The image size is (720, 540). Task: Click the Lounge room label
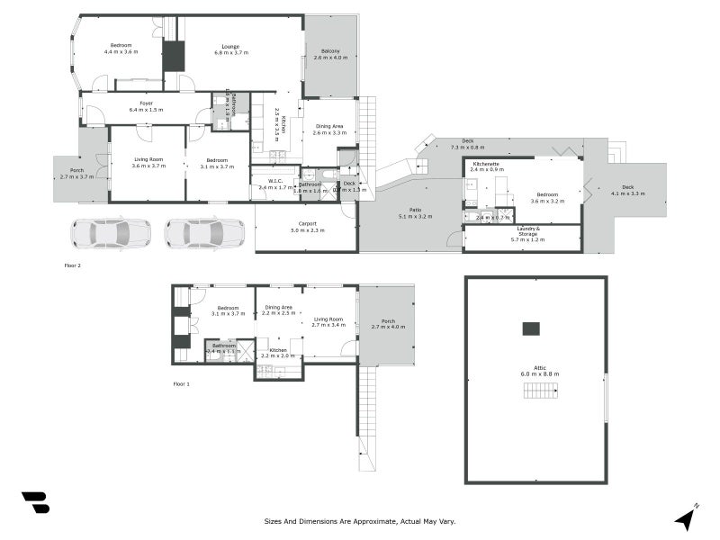(230, 46)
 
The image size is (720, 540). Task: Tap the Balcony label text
(330, 51)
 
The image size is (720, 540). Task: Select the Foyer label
(146, 103)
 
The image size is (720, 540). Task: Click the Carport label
(307, 224)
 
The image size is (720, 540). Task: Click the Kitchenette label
(487, 163)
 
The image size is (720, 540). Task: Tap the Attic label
(539, 367)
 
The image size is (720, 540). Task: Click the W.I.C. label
(270, 182)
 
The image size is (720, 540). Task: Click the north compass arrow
(687, 517)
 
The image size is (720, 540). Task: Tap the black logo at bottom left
(35, 502)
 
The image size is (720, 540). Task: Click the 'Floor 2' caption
(73, 265)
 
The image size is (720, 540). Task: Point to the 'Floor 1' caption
(181, 384)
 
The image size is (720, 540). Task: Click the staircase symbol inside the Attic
(540, 390)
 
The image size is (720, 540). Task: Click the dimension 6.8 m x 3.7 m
(230, 53)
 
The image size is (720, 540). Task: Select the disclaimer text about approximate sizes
(360, 521)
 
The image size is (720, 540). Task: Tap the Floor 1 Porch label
(388, 321)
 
